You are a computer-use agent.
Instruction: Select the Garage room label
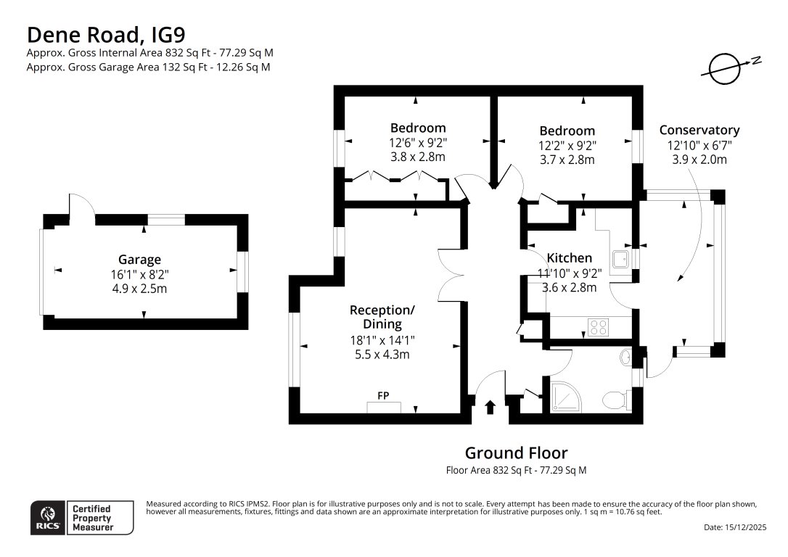click(139, 260)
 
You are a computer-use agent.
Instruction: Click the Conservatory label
click(699, 130)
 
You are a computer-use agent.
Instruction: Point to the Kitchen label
click(569, 258)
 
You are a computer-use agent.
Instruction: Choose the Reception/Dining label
click(382, 317)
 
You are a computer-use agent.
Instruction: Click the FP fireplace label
click(383, 396)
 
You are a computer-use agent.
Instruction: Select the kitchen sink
click(621, 259)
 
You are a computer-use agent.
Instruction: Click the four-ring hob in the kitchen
click(598, 327)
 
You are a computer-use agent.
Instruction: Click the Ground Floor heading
click(516, 453)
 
